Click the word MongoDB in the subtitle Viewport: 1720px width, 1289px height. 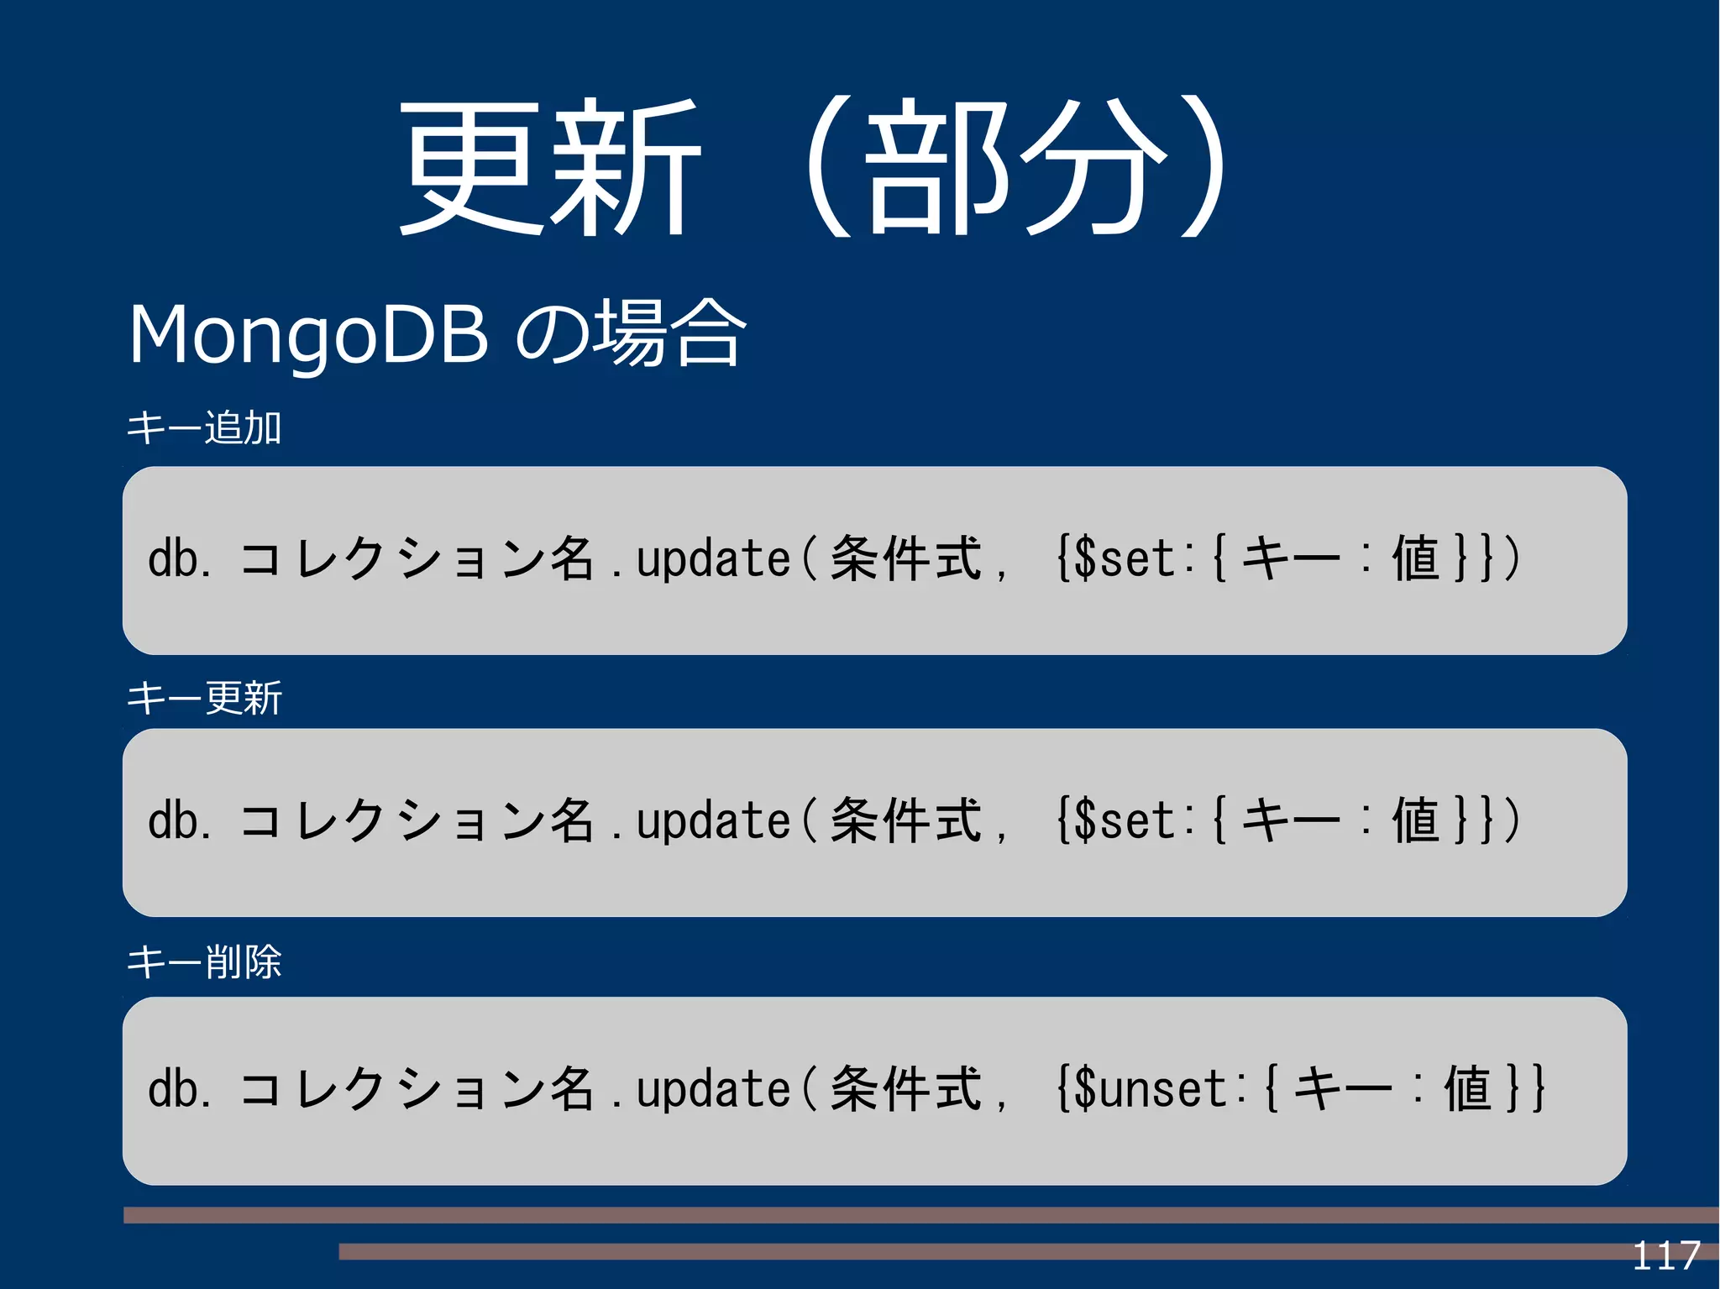point(308,334)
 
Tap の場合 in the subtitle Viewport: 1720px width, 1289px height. point(630,334)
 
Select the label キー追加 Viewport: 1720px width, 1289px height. point(204,427)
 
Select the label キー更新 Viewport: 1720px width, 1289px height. point(204,698)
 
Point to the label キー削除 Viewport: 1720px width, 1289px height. point(204,962)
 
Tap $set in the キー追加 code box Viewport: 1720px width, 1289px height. point(1125,559)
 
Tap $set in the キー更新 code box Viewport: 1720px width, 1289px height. point(1125,821)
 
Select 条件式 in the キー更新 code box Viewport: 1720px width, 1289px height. point(905,821)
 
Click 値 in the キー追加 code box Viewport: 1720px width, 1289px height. point(1417,559)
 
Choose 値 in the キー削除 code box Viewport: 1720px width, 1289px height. point(1468,1089)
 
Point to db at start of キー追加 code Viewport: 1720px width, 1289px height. point(173,559)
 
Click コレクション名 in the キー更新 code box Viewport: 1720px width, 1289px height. point(417,821)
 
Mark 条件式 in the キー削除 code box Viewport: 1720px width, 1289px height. point(905,1089)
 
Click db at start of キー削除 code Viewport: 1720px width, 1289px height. point(173,1089)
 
